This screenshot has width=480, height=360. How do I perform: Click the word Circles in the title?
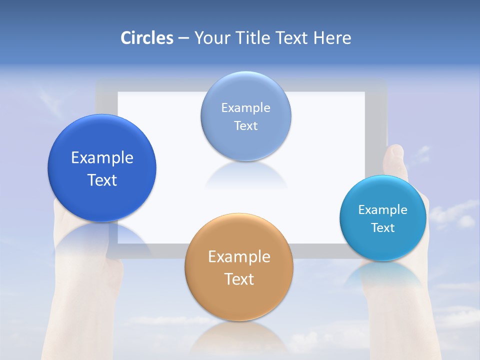click(x=147, y=38)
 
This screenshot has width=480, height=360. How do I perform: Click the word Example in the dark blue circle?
click(x=102, y=157)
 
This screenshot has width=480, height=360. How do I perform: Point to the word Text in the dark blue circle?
click(x=102, y=180)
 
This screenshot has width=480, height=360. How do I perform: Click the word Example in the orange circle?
click(x=239, y=257)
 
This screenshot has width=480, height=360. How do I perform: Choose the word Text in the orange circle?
click(x=239, y=279)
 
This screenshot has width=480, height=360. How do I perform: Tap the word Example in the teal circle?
click(x=383, y=209)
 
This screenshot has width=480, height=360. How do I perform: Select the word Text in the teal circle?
click(x=383, y=227)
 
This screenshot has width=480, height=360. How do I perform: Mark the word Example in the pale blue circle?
click(x=245, y=107)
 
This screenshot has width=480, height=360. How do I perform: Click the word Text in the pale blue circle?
click(x=245, y=125)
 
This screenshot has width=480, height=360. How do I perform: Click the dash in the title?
click(x=183, y=38)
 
